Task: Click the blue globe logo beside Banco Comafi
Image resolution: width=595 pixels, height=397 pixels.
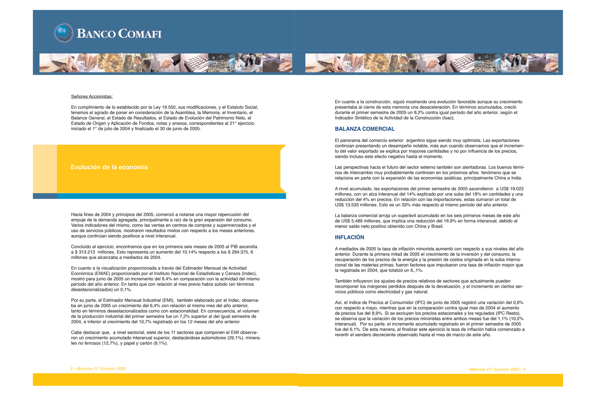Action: click(x=63, y=33)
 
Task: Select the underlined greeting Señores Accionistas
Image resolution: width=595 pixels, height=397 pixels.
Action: click(x=92, y=97)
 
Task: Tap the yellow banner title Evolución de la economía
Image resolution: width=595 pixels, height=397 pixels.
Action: click(x=109, y=167)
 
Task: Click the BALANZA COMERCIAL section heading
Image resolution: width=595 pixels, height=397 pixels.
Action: click(x=365, y=129)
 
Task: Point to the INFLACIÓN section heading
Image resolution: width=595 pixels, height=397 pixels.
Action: click(x=349, y=237)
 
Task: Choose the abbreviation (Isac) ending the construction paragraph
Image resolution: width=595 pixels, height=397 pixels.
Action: click(x=448, y=118)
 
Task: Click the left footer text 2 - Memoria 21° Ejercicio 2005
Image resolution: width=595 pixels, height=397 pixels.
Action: click(x=98, y=369)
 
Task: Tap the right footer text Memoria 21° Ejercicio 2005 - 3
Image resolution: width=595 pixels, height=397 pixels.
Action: click(x=497, y=369)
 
